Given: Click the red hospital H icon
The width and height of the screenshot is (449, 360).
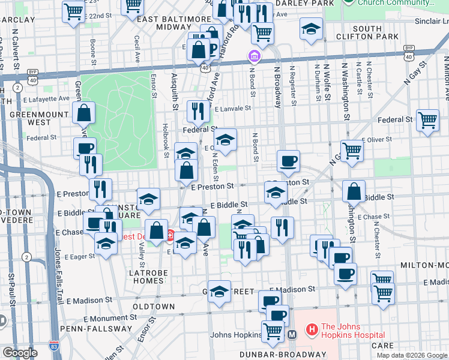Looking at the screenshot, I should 311,329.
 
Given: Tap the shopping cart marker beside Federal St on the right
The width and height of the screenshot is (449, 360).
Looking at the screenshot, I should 427,120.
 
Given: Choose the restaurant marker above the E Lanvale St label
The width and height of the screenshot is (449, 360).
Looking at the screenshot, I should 196,110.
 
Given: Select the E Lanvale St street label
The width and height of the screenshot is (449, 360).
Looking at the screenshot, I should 231,109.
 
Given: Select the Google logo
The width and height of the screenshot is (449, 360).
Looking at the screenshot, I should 20,353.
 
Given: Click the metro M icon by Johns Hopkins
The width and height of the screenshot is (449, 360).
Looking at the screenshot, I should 292,334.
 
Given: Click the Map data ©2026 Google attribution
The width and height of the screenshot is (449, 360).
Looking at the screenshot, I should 411,355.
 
